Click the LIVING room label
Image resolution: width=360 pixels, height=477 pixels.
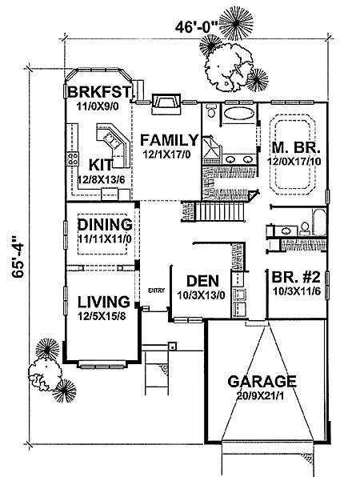tap(103, 302)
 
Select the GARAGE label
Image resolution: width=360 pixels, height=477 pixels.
tap(262, 380)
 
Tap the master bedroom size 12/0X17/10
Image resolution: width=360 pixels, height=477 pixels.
tap(296, 162)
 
